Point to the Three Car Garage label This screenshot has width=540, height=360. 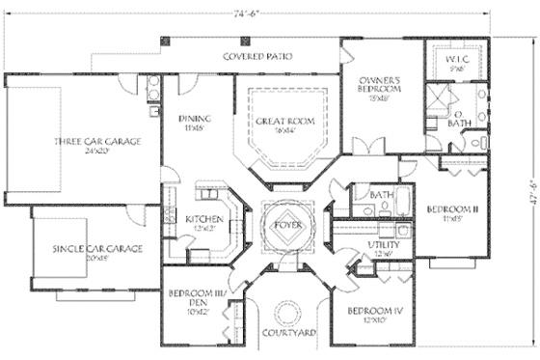(x=97, y=142)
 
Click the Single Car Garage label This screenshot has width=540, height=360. (x=97, y=249)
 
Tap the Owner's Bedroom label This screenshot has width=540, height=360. (x=378, y=84)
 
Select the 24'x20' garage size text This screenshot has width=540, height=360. (x=97, y=152)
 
